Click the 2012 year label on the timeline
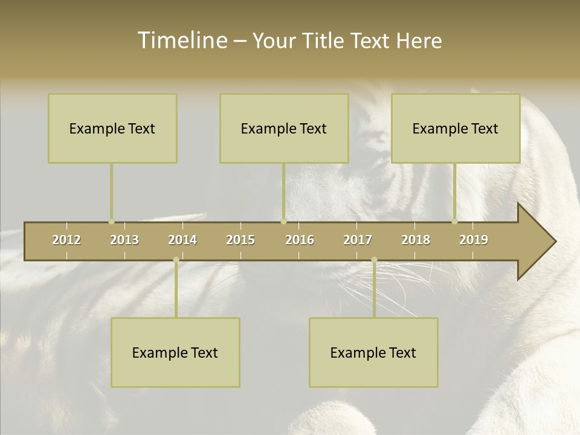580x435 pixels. click(66, 240)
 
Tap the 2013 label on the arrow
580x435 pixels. click(124, 240)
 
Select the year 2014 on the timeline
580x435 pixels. click(182, 240)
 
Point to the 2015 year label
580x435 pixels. click(240, 240)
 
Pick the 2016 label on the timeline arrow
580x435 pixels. click(300, 240)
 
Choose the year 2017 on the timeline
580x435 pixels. click(358, 240)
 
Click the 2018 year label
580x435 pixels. click(416, 240)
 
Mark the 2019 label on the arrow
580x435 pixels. click(474, 240)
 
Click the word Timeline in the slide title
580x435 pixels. click(181, 40)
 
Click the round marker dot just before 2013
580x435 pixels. click(111, 222)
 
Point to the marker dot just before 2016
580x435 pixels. click(283, 222)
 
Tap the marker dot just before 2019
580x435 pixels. click(455, 222)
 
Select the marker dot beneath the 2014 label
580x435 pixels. click(176, 260)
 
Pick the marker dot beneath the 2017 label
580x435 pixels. click(374, 260)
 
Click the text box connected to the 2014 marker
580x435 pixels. click(175, 352)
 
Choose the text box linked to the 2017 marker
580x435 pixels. click(373, 352)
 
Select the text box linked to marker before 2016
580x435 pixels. click(284, 128)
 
